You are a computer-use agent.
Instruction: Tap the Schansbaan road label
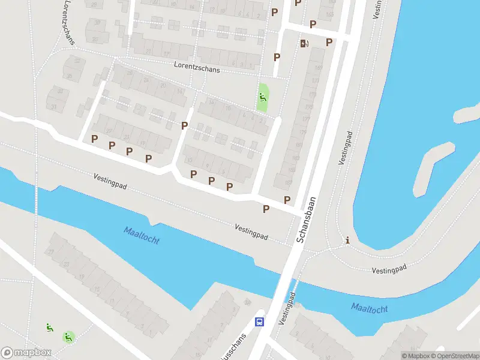pyautogui.click(x=307, y=220)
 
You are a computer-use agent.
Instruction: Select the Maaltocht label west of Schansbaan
pyautogui.click(x=142, y=235)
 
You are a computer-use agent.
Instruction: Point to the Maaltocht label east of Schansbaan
pyautogui.click(x=369, y=308)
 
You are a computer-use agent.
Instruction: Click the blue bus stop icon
pyautogui.click(x=260, y=322)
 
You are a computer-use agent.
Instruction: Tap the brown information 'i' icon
pyautogui.click(x=347, y=241)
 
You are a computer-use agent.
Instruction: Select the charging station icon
pyautogui.click(x=304, y=43)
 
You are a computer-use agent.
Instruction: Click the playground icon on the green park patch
pyautogui.click(x=262, y=97)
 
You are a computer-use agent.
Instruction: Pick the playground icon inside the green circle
pyautogui.click(x=69, y=337)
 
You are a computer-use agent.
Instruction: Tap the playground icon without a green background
pyautogui.click(x=49, y=328)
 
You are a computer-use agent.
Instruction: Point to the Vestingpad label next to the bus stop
pyautogui.click(x=287, y=309)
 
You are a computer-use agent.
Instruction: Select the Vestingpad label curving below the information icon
pyautogui.click(x=389, y=269)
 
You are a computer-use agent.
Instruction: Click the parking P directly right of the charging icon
pyautogui.click(x=329, y=42)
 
